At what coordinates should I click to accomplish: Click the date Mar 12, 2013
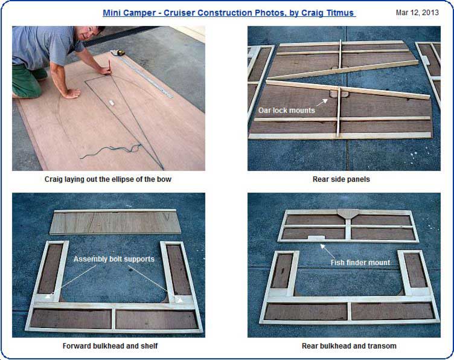pos(417,13)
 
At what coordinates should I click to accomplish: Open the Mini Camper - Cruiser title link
pos(229,13)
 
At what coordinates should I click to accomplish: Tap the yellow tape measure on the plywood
pos(121,53)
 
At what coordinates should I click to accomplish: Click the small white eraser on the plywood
pos(112,103)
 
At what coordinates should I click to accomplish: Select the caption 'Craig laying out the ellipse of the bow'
pos(108,179)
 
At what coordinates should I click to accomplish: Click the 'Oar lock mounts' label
pos(286,111)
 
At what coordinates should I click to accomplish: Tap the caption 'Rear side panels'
pos(341,179)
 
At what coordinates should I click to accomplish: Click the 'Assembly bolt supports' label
pos(113,259)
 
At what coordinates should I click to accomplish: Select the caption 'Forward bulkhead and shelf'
pos(110,346)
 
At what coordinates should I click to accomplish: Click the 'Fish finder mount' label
pos(360,262)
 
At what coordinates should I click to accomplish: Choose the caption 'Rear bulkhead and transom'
pos(349,346)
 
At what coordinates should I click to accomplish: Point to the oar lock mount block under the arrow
pos(337,94)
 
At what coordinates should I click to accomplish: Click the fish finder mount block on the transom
pos(316,238)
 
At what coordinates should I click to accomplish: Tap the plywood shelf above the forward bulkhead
pos(115,222)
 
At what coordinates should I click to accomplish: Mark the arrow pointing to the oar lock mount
pos(322,103)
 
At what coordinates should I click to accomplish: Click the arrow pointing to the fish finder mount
pos(327,251)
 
